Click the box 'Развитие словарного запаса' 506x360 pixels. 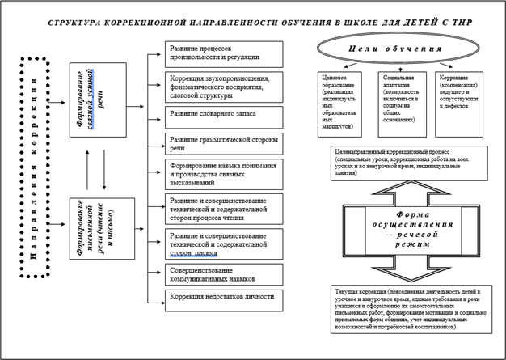tap(224, 114)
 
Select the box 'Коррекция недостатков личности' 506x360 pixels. tap(224, 298)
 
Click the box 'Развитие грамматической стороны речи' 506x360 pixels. tap(224, 143)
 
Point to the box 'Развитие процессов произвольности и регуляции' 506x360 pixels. tap(224, 53)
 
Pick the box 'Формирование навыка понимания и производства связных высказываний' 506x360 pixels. tap(224, 174)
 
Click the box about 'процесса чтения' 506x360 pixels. tap(224, 208)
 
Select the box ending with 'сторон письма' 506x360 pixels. tap(224, 244)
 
